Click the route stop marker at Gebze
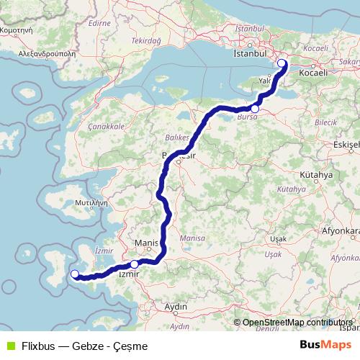point(282,63)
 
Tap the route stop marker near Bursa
point(255,109)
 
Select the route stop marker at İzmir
point(134,264)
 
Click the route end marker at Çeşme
point(74,273)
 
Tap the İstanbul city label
point(250,54)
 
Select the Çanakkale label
point(107,126)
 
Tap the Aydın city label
point(176,307)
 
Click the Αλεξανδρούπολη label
point(37,53)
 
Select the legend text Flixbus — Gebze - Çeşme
point(84,346)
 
